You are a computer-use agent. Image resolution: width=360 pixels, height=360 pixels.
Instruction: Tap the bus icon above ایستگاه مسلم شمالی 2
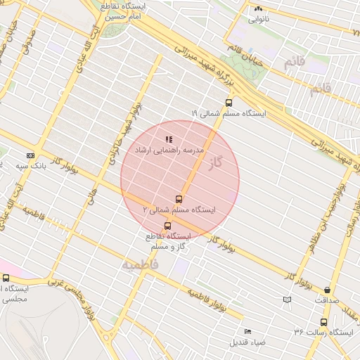pyautogui.click(x=178, y=199)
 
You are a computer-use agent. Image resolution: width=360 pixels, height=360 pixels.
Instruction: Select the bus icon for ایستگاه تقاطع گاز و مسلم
pyautogui.click(x=167, y=226)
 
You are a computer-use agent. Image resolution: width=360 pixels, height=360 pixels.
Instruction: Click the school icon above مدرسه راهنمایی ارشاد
pyautogui.click(x=168, y=140)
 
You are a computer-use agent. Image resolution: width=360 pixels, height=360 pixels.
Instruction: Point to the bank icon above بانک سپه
pyautogui.click(x=30, y=155)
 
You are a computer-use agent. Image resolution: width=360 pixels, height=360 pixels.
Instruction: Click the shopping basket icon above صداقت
pyautogui.click(x=328, y=290)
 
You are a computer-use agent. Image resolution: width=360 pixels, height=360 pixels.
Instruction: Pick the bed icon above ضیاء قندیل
pyautogui.click(x=247, y=331)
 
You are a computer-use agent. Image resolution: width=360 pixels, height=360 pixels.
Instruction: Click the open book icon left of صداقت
pyautogui.click(x=286, y=300)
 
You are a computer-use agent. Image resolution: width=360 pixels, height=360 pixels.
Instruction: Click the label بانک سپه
pyautogui.click(x=30, y=166)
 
